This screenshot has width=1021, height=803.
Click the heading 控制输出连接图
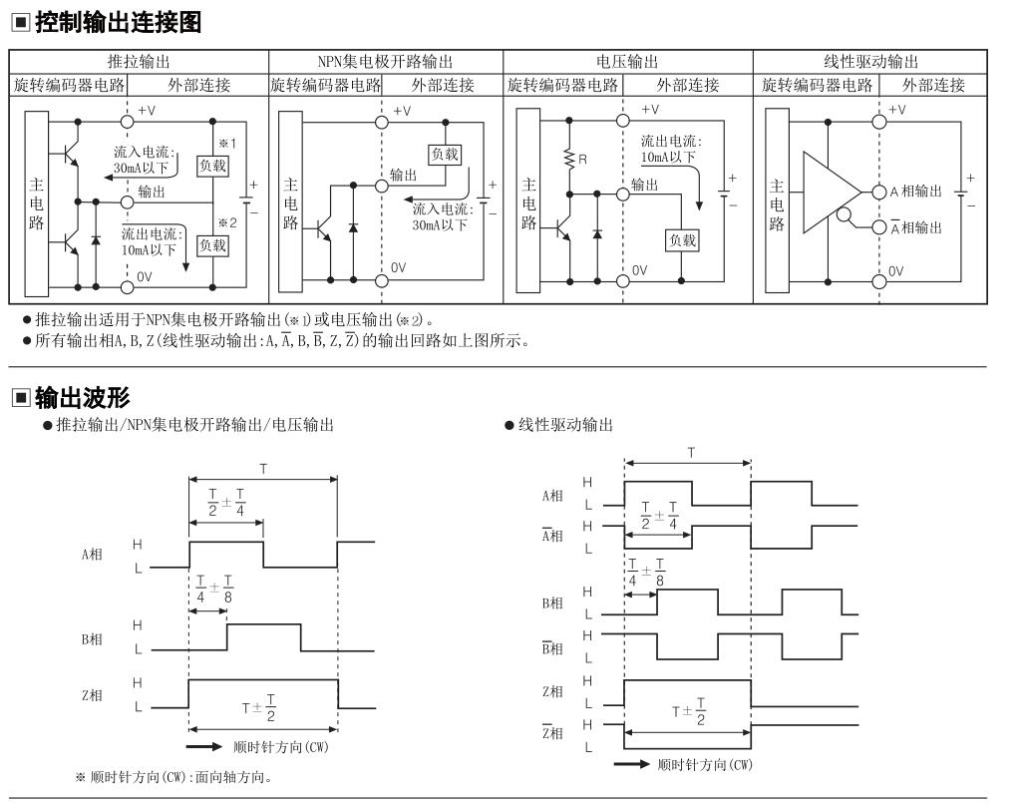118,23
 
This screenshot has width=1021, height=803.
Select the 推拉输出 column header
139,62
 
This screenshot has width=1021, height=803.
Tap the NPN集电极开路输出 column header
385,62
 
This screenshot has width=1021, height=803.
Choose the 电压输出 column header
627,62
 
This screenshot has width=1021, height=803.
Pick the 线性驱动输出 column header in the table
870,62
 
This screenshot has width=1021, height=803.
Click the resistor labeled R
569,159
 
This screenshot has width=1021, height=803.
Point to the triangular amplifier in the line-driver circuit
832,193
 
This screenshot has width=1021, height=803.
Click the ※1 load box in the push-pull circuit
213,166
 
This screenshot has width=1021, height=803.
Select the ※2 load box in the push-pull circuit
213,245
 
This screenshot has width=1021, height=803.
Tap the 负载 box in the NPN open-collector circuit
445,155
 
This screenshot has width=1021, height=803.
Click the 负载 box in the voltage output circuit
682,240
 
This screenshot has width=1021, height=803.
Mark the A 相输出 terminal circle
879,193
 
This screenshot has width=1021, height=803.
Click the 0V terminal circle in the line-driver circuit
879,282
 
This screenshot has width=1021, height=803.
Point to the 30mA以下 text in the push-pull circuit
141,168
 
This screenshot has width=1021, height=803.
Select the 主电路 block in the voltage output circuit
528,201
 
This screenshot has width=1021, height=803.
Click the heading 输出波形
83,397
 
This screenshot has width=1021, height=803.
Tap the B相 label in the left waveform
92,639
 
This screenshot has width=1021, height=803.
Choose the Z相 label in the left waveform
92,695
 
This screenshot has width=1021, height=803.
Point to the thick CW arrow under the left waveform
203,746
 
